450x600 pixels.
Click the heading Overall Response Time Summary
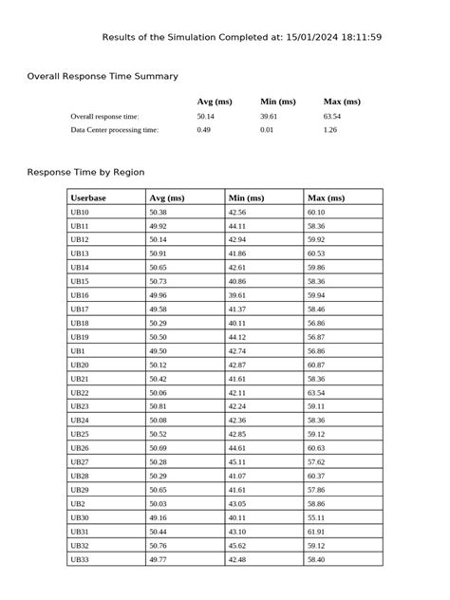click(x=103, y=76)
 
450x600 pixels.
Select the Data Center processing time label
click(x=115, y=129)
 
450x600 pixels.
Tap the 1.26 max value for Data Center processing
click(x=330, y=129)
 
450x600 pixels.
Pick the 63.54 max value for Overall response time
click(x=333, y=116)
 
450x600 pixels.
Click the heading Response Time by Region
click(x=85, y=173)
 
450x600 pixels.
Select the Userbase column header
click(x=88, y=197)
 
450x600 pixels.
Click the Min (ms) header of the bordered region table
click(x=247, y=197)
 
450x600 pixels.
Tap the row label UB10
click(x=80, y=213)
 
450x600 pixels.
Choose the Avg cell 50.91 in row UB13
click(x=159, y=253)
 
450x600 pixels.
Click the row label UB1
click(x=78, y=350)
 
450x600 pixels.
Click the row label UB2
click(x=78, y=503)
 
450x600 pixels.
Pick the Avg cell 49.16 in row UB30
click(x=159, y=517)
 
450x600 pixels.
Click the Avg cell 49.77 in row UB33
click(x=159, y=560)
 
